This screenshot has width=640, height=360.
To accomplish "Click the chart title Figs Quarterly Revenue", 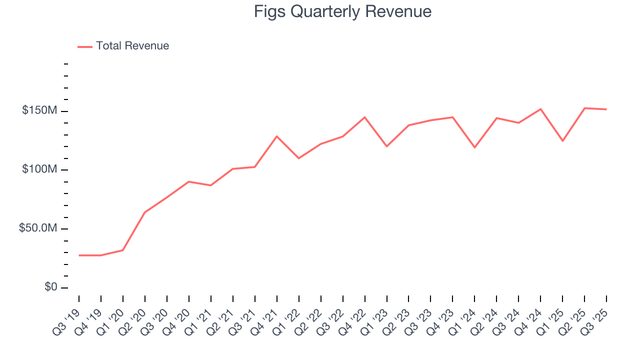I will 342,11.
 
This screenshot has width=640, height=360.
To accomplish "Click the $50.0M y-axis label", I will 37,228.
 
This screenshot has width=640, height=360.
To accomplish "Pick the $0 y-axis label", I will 49,287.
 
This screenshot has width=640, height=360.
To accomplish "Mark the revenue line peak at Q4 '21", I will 277,136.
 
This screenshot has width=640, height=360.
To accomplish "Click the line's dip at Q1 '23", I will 387,146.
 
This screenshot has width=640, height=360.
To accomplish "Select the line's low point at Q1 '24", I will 474,147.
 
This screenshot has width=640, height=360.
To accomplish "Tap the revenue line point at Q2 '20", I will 145,212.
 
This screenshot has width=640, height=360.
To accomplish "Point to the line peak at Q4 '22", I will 365,117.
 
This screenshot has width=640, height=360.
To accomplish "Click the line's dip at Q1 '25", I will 562,141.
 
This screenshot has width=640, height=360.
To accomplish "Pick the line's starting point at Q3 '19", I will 79,255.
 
